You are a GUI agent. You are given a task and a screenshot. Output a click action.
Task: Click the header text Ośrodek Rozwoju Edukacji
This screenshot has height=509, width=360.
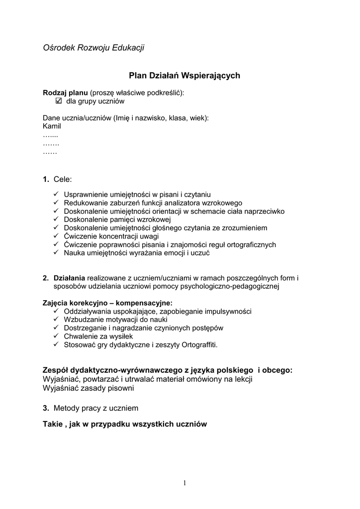click(93, 48)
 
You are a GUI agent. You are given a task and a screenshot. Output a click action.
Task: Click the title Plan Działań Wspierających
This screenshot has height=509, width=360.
click(184, 76)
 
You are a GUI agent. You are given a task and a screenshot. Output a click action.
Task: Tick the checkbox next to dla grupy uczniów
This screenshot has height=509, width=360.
click(58, 101)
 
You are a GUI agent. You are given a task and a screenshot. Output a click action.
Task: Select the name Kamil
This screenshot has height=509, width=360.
click(52, 126)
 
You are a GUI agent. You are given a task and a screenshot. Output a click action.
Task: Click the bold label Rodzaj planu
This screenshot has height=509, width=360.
click(65, 93)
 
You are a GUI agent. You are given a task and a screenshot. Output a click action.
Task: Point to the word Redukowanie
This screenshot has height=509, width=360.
click(85, 203)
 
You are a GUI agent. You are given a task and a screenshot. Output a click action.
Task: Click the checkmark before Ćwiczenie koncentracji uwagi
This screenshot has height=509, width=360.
click(56, 236)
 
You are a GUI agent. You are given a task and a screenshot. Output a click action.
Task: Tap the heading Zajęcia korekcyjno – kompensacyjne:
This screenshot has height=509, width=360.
click(108, 303)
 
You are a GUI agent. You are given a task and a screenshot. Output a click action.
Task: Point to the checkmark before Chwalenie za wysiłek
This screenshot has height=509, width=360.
click(56, 336)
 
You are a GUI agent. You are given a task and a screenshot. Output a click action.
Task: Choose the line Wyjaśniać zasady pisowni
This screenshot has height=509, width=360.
click(89, 388)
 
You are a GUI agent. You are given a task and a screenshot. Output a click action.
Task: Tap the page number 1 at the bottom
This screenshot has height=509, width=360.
click(184, 483)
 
